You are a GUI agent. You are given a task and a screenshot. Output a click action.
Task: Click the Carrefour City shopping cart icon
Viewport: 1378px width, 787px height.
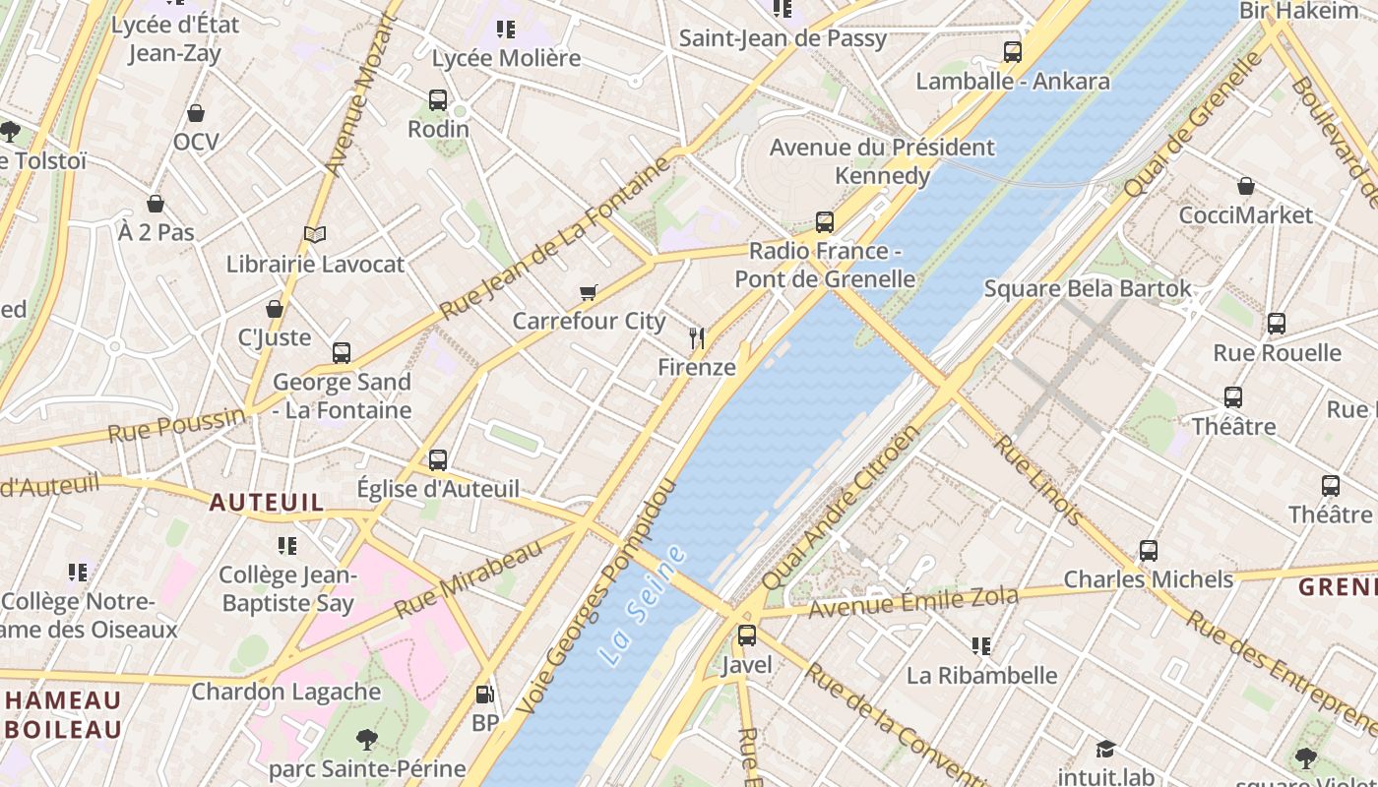coord(589,292)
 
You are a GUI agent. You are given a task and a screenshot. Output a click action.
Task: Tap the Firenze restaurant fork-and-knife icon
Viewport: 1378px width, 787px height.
coord(697,339)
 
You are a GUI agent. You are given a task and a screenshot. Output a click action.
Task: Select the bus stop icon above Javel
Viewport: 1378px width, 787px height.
coord(747,636)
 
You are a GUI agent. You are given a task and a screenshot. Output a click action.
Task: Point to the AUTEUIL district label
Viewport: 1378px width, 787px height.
coord(266,503)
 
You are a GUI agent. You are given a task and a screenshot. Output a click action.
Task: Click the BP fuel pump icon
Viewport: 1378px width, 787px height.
coord(484,696)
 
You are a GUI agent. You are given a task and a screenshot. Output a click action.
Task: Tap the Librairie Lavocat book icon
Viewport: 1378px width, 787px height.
coord(315,235)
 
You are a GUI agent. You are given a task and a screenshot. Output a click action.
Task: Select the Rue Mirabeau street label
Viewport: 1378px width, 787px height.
coord(469,579)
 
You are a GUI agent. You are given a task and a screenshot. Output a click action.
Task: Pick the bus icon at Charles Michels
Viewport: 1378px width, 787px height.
coord(1148,551)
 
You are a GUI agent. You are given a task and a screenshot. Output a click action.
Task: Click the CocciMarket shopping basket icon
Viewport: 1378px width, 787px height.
coord(1246,186)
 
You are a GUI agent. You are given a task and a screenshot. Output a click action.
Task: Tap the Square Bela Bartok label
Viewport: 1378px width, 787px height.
coord(1088,289)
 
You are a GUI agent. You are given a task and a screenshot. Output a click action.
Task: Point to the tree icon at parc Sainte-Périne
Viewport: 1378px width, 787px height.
coord(366,739)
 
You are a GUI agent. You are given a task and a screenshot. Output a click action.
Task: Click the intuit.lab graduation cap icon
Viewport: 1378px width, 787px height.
coord(1105,750)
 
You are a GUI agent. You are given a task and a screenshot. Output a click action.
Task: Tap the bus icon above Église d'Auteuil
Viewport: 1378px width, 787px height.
coord(438,459)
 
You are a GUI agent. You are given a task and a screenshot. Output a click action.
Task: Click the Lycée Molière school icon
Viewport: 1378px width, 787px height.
coord(506,30)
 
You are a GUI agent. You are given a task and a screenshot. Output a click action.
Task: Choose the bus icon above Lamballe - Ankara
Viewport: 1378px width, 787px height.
coord(1013,52)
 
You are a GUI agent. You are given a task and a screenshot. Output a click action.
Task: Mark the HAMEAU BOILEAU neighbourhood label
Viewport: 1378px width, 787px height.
coord(64,715)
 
